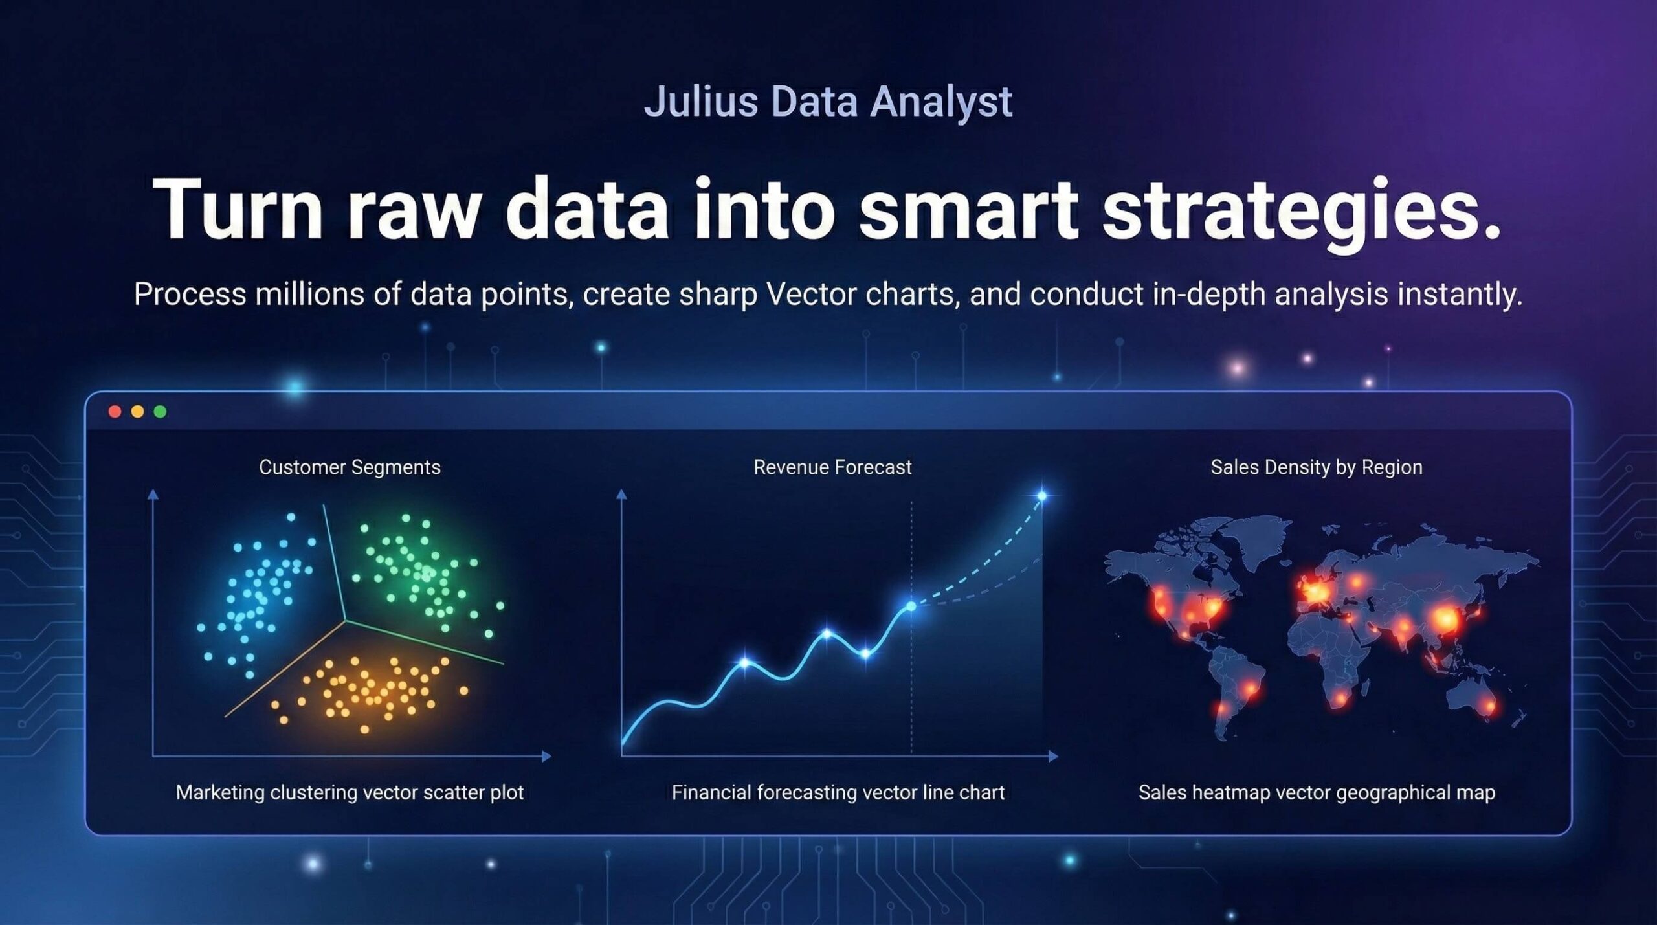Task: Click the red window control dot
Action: (x=115, y=412)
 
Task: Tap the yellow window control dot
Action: (x=137, y=412)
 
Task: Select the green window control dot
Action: (x=161, y=412)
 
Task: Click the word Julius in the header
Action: (x=700, y=102)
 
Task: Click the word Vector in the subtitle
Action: (x=812, y=295)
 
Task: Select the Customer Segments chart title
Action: (x=350, y=468)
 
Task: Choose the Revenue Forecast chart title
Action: (x=832, y=467)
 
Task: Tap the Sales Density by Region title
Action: (x=1317, y=468)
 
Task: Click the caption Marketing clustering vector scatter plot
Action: (x=350, y=793)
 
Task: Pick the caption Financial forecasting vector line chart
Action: (x=838, y=793)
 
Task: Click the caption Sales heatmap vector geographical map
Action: (x=1317, y=793)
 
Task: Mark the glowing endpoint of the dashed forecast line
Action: (x=1042, y=496)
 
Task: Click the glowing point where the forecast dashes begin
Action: (x=911, y=606)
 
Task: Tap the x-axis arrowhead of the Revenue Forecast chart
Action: (x=1054, y=756)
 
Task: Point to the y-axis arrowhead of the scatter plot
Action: (x=153, y=495)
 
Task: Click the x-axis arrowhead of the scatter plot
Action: (x=546, y=756)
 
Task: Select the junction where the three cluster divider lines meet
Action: (x=345, y=621)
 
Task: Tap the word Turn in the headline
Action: (x=237, y=208)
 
